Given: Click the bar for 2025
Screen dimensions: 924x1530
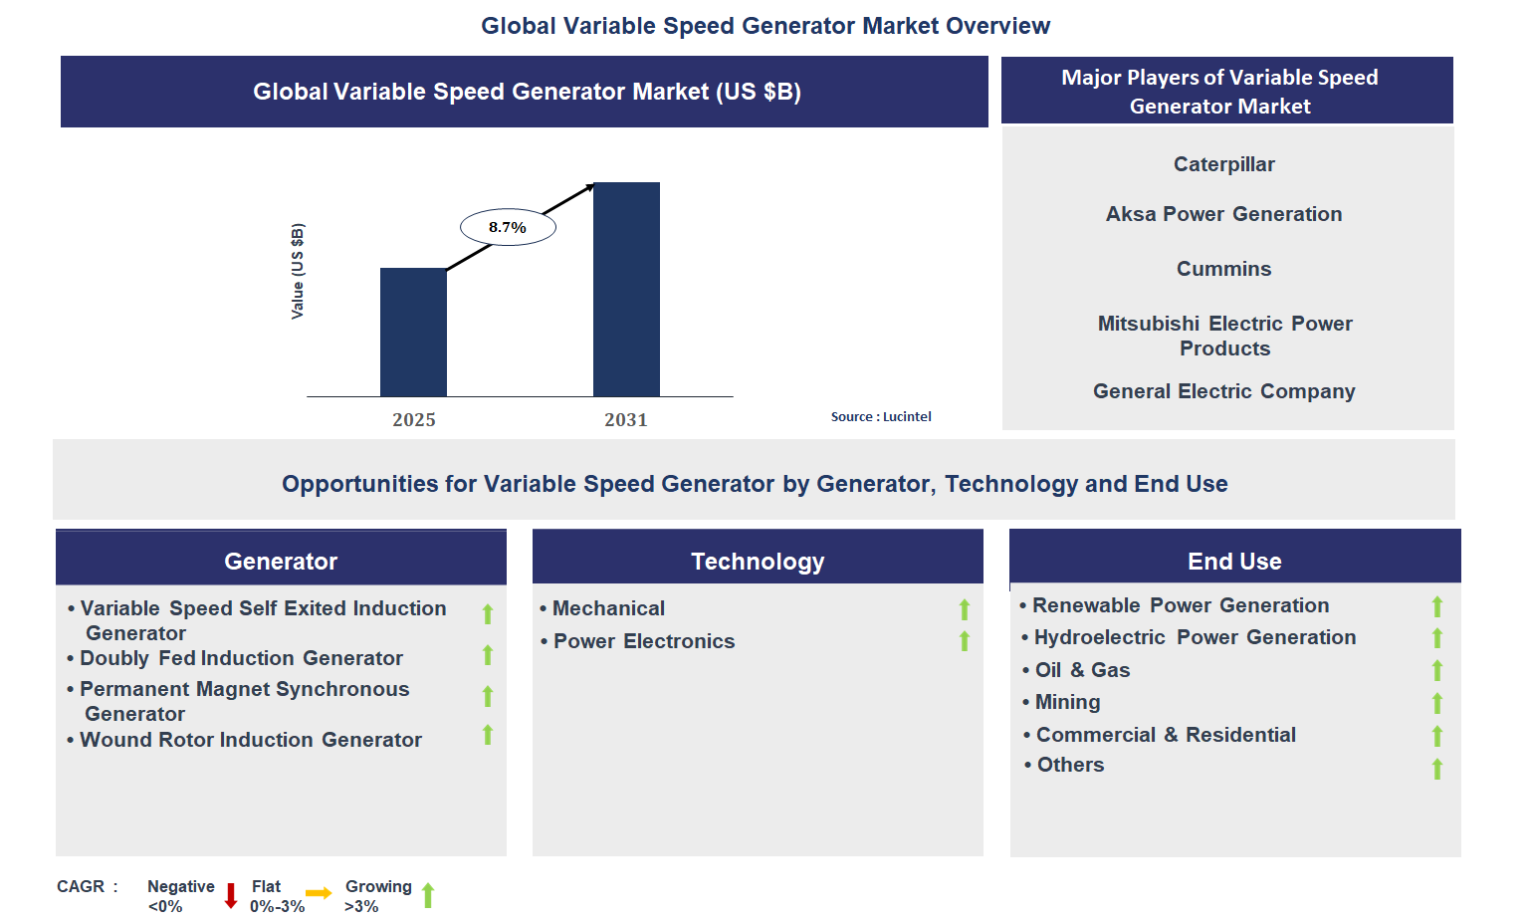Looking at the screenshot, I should click(x=413, y=332).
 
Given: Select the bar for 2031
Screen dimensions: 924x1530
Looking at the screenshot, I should click(x=626, y=289).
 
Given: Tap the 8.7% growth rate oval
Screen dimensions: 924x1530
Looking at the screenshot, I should click(x=508, y=228).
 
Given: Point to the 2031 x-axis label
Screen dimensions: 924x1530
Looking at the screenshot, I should click(x=626, y=420).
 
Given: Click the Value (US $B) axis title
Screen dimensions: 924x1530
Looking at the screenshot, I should click(x=298, y=271).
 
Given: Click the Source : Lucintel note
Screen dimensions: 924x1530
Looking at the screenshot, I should click(x=881, y=417).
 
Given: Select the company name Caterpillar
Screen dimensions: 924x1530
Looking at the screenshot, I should click(x=1223, y=164).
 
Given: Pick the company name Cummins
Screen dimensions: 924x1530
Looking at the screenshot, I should click(x=1223, y=269).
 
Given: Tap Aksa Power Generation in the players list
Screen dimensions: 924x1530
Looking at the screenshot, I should click(x=1223, y=214).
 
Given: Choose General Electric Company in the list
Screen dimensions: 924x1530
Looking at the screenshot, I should click(x=1223, y=391).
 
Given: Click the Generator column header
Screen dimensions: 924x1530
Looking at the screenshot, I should click(x=281, y=561).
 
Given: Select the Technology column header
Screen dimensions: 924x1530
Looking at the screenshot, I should click(x=758, y=561).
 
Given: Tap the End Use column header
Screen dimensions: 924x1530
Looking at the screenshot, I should click(x=1234, y=561).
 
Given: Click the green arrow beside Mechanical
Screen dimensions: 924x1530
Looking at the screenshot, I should click(x=964, y=609).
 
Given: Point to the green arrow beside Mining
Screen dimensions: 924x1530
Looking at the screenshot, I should click(x=1436, y=704).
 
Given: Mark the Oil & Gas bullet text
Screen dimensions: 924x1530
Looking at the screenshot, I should click(x=1082, y=670).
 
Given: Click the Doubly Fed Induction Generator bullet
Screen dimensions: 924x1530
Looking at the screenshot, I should click(x=241, y=658).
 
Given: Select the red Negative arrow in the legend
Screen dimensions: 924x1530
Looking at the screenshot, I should click(x=231, y=895).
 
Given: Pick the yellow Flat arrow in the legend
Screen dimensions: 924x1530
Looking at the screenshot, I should click(x=319, y=893).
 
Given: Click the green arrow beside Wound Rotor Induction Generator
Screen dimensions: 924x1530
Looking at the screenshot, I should click(x=488, y=735).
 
